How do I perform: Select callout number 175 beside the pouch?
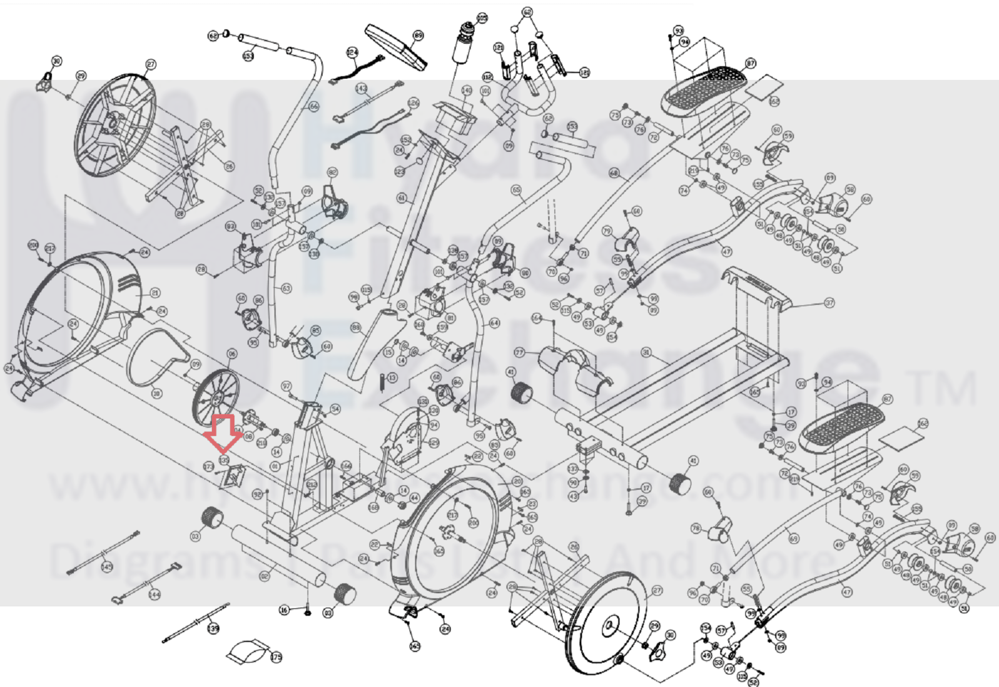point(276,657)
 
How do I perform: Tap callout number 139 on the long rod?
point(213,628)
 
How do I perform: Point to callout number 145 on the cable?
point(107,566)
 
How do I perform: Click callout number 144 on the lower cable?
point(154,594)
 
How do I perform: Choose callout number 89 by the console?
point(418,36)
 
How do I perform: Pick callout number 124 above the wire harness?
point(352,53)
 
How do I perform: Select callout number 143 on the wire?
point(361,89)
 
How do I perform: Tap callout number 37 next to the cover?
point(829,303)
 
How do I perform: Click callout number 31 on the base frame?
point(646,353)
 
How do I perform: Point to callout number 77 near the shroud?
point(519,353)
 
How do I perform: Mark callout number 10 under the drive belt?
point(156,393)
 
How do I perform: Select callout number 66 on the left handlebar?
point(313,106)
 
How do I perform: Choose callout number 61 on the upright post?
point(402,198)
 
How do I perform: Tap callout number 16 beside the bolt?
point(285,609)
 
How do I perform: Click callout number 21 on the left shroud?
point(155,293)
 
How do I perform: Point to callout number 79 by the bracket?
point(607,231)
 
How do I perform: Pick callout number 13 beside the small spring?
point(392,378)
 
